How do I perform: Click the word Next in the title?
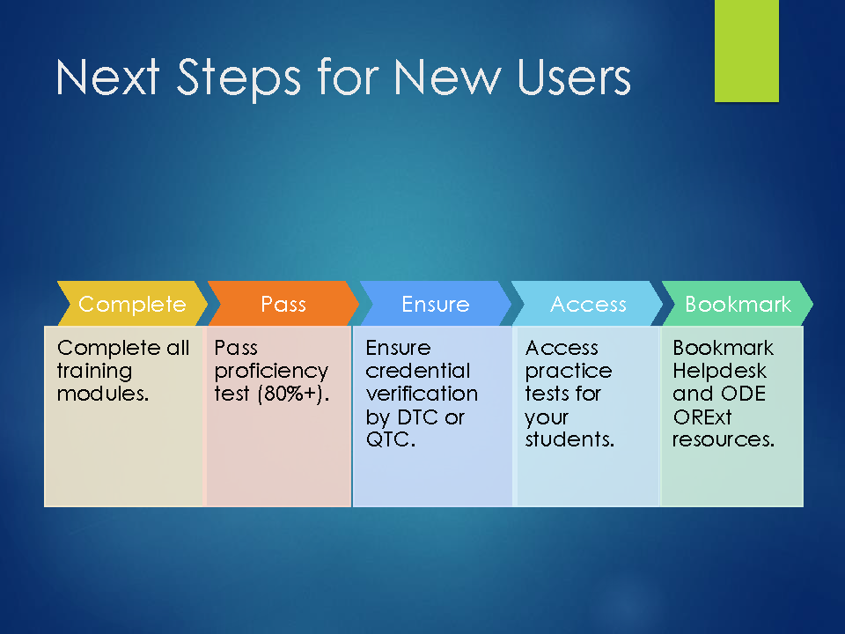click(x=107, y=77)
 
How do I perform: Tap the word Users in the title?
click(x=573, y=77)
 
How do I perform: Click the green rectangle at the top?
click(x=746, y=51)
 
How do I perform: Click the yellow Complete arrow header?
click(x=132, y=304)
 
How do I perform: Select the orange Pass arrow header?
click(x=283, y=304)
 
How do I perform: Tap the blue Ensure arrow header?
click(x=436, y=304)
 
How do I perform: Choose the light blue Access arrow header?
click(x=587, y=304)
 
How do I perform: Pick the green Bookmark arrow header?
click(x=738, y=304)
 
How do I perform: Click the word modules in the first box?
click(x=101, y=394)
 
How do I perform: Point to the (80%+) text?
click(x=293, y=394)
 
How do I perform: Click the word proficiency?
click(x=271, y=372)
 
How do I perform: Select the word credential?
click(x=417, y=371)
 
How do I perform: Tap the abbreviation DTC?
click(x=417, y=417)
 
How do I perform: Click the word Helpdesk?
click(x=719, y=372)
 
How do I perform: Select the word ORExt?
click(x=702, y=417)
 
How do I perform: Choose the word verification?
click(x=422, y=394)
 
